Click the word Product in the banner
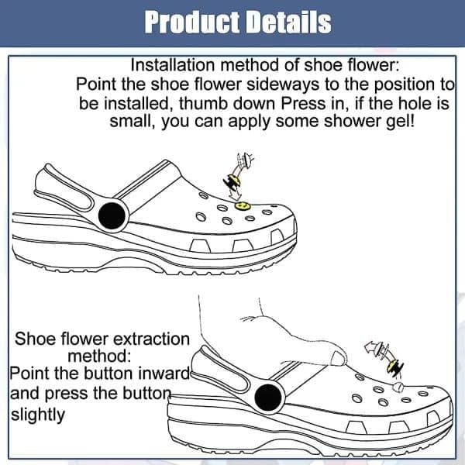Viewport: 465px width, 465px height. [x=192, y=22]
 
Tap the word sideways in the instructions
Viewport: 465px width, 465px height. [x=283, y=84]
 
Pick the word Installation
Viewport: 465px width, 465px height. [x=173, y=65]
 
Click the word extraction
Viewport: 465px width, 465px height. [x=151, y=339]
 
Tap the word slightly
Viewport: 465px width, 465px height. [x=38, y=415]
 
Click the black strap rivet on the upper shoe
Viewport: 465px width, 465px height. [x=112, y=215]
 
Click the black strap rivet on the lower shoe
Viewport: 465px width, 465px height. [x=268, y=398]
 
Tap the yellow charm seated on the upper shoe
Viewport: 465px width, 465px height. [x=243, y=205]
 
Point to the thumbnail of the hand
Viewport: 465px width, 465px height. [x=337, y=358]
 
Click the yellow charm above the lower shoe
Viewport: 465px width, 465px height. [x=392, y=365]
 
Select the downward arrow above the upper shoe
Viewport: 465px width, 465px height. [x=236, y=193]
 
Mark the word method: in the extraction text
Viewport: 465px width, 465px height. [x=99, y=356]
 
